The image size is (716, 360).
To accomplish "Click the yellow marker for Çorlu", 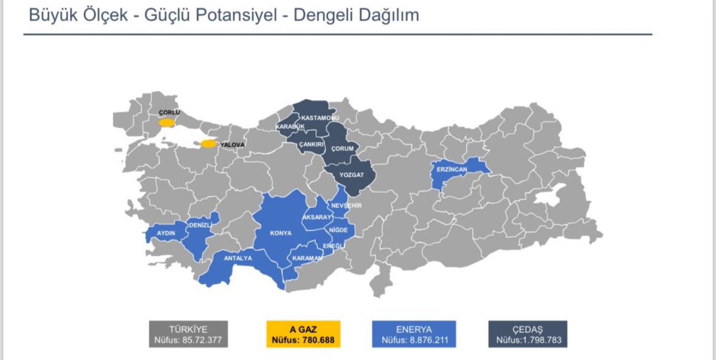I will tap(166, 123).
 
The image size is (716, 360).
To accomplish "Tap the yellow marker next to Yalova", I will tap(208, 144).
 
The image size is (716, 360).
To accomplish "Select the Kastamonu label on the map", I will tap(320, 118).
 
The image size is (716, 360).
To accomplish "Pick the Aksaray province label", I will tap(317, 217).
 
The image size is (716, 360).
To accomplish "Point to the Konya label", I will tap(280, 233).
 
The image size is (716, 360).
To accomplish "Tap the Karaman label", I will tap(307, 259).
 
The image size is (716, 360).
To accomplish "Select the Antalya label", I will tap(238, 259).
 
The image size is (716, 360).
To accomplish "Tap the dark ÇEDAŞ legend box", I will tap(527, 334).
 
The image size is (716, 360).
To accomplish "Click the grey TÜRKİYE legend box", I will tap(188, 334).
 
